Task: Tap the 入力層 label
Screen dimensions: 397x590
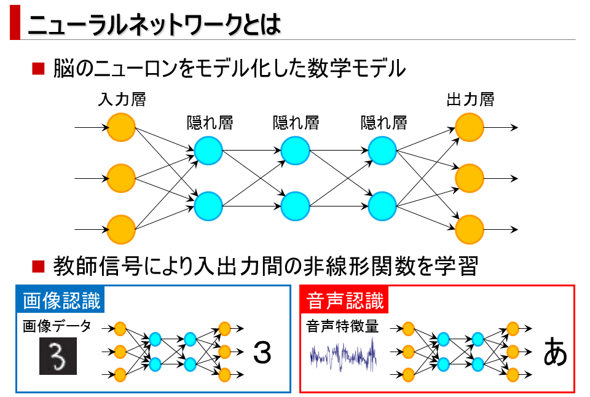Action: click(x=121, y=100)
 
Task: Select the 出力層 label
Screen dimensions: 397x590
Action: click(x=470, y=100)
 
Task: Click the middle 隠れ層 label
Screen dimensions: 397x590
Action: click(x=296, y=123)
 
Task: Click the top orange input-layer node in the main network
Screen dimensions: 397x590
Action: click(x=121, y=128)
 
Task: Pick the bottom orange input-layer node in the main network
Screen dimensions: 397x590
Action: click(x=121, y=229)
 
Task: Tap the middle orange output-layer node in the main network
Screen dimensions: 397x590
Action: click(x=470, y=179)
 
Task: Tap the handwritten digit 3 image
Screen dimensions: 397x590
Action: click(x=59, y=356)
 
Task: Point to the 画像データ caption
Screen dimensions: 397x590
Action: click(x=57, y=326)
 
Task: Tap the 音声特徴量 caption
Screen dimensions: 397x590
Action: click(x=342, y=326)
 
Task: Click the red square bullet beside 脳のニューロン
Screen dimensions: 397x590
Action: click(x=39, y=68)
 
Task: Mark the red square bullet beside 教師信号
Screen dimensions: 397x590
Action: click(x=39, y=266)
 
